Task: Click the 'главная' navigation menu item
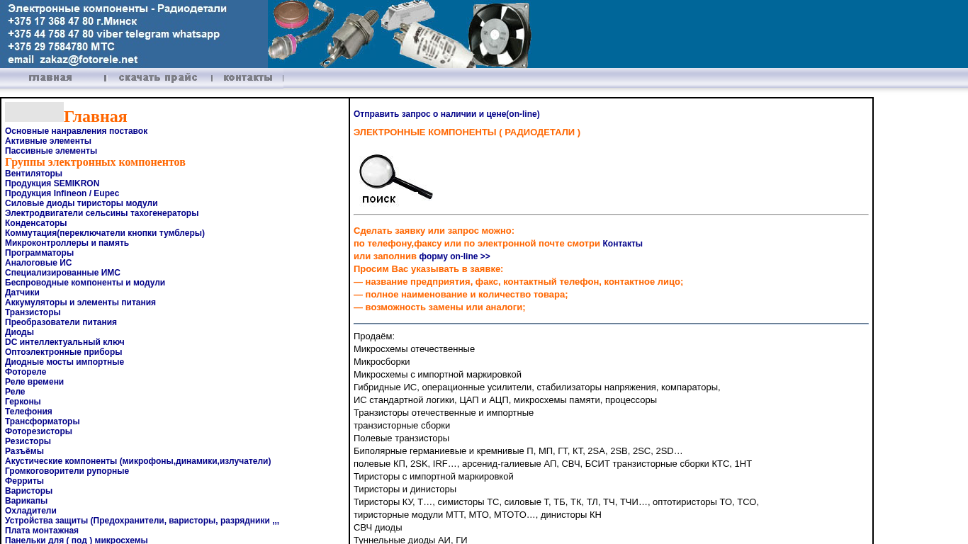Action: [50, 78]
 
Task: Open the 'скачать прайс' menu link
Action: [158, 78]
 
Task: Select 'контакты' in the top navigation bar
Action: [248, 78]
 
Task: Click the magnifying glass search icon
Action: [394, 179]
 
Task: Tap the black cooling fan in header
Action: [499, 35]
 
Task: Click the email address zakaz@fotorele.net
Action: [89, 60]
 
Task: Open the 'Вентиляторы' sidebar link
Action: [33, 174]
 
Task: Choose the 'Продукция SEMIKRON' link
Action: [52, 183]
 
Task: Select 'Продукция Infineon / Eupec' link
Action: [62, 193]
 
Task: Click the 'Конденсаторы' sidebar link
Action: [35, 223]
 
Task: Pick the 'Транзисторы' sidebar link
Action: [33, 312]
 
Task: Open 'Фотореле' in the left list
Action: [26, 372]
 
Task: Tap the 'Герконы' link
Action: [23, 402]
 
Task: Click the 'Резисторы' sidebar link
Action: [28, 441]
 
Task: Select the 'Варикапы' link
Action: [26, 501]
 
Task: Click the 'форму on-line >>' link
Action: [454, 256]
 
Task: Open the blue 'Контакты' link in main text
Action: [622, 244]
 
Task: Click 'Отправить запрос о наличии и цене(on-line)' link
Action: [446, 114]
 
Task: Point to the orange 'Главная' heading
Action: [95, 117]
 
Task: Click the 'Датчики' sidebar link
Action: [22, 293]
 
